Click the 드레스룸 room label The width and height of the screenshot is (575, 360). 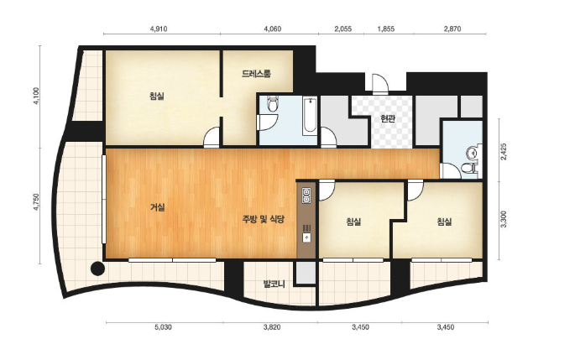click(256, 74)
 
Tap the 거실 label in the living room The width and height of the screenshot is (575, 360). click(157, 207)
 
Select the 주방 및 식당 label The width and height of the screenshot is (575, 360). click(264, 219)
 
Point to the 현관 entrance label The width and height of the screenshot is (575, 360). click(388, 118)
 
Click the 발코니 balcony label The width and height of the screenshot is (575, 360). click(274, 284)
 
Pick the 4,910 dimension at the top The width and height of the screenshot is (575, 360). click(159, 29)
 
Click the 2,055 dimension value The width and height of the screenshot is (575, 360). click(342, 29)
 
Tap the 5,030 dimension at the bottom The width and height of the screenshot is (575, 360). click(163, 327)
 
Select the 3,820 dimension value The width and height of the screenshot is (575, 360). click(272, 327)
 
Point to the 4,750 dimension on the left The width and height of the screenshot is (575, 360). click(36, 202)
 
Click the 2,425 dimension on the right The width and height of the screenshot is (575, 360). click(504, 151)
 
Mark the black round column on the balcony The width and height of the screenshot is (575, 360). click(97, 269)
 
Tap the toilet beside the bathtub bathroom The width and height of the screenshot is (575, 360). click(272, 105)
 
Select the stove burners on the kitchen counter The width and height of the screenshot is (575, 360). click(306, 195)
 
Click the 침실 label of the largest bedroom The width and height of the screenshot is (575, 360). click(157, 96)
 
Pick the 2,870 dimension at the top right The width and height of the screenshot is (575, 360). click(452, 29)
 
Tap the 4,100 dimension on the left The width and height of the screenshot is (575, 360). click(36, 97)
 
